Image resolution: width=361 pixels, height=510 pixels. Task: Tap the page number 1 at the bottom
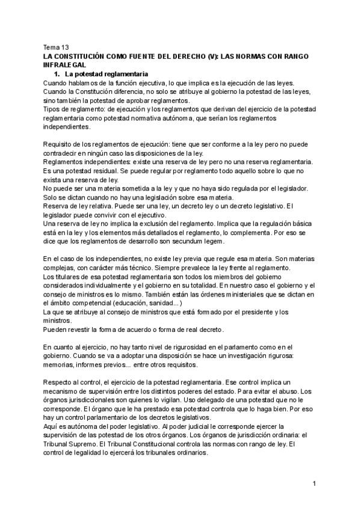(315, 483)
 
